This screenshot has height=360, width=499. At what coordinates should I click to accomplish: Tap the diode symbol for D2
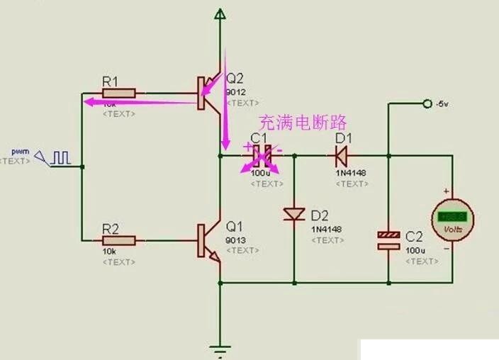click(293, 213)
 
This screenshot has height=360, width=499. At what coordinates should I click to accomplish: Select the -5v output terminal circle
click(427, 104)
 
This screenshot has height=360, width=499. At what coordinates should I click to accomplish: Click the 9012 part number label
click(235, 92)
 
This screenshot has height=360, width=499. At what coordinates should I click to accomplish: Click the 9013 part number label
click(235, 240)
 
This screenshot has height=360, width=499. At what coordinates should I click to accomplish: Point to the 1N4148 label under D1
click(349, 173)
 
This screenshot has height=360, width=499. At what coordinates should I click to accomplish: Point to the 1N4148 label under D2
click(326, 230)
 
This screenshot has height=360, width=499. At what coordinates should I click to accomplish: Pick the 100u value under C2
click(415, 251)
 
